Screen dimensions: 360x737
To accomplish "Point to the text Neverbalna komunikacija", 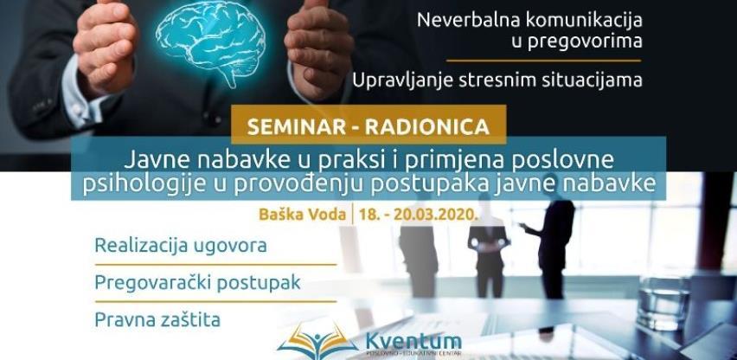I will (x=530, y=18).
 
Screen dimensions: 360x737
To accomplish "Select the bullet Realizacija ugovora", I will (x=180, y=245).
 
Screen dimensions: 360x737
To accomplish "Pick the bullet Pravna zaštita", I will (x=157, y=319).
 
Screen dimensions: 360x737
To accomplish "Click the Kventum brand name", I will (x=413, y=342).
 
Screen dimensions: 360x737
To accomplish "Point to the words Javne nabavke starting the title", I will (x=202, y=158).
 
